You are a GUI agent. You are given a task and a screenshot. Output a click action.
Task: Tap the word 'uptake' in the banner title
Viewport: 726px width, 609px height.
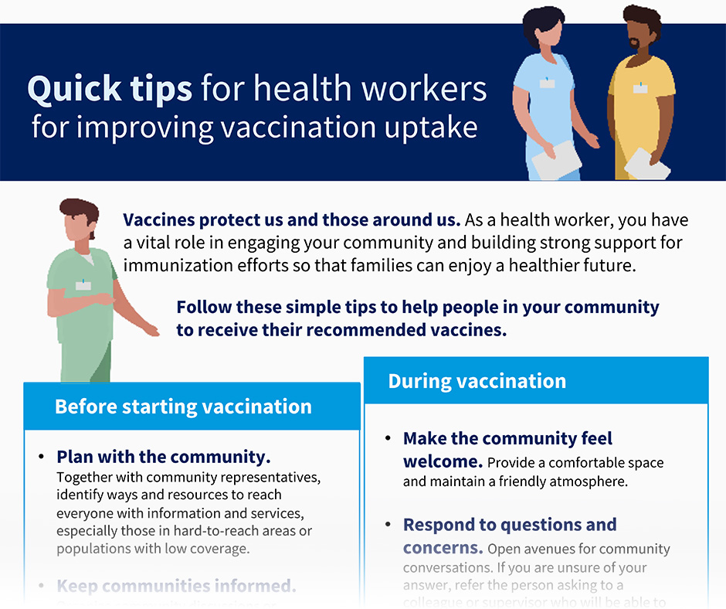point(437,127)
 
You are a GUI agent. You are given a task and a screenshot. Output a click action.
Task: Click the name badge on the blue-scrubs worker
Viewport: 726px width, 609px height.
point(547,83)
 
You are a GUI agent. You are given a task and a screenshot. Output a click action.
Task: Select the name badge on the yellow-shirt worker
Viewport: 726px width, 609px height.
point(640,89)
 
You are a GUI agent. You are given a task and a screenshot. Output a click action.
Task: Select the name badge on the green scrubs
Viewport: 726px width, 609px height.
point(83,285)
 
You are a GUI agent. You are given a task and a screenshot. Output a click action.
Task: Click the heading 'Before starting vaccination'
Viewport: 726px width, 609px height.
point(183,407)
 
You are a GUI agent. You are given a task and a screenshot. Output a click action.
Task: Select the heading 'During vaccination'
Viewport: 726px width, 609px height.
point(477,381)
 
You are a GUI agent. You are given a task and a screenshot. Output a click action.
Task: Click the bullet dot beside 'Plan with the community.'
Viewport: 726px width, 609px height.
point(41,457)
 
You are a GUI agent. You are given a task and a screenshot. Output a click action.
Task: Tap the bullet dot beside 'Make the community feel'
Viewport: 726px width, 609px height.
point(388,439)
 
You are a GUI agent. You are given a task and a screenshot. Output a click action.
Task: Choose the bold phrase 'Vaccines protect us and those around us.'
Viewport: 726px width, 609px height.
point(292,220)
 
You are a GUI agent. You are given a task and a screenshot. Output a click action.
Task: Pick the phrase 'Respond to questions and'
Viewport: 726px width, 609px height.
point(510,525)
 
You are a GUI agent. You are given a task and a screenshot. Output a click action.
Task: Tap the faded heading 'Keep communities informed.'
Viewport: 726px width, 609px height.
point(176,586)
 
